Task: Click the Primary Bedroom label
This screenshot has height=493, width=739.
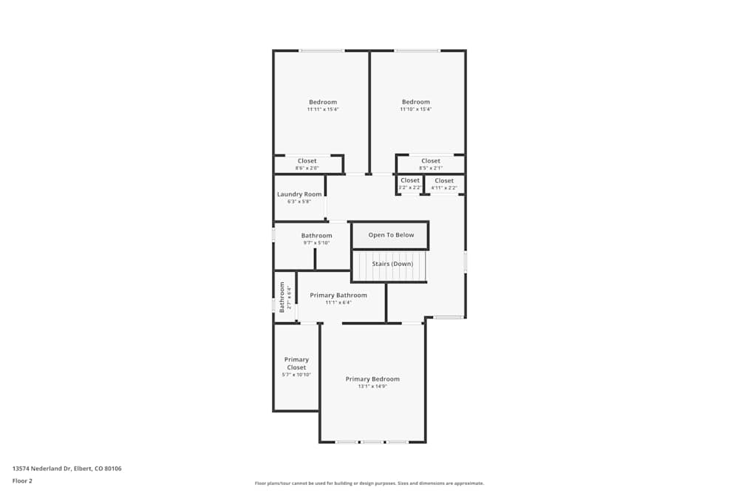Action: click(x=372, y=379)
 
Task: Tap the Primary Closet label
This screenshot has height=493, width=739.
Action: click(x=296, y=364)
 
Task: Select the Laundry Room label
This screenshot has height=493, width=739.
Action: click(x=299, y=194)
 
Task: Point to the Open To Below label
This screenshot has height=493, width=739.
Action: click(x=391, y=235)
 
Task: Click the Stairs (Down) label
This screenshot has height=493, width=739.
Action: click(x=392, y=264)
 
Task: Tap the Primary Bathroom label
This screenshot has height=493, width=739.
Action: click(x=338, y=295)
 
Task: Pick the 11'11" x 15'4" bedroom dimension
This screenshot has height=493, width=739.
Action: click(x=323, y=109)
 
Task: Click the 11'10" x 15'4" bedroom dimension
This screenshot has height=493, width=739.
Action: click(x=415, y=109)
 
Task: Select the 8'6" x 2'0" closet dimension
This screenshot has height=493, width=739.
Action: click(x=307, y=169)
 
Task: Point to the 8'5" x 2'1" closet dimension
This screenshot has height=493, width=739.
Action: click(x=431, y=169)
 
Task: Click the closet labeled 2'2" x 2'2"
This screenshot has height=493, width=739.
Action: click(x=409, y=180)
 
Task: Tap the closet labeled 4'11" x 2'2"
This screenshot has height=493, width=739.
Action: click(x=444, y=180)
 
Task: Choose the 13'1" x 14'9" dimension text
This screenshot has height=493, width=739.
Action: click(x=372, y=387)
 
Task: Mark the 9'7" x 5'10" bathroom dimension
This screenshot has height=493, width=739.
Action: click(x=316, y=243)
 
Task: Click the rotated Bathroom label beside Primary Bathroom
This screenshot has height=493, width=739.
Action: click(x=282, y=297)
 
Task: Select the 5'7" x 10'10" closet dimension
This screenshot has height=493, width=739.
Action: click(x=296, y=375)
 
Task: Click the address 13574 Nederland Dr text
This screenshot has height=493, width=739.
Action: click(x=67, y=469)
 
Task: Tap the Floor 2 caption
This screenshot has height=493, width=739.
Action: click(x=22, y=480)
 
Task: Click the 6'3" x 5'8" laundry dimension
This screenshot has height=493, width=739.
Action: click(x=299, y=202)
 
